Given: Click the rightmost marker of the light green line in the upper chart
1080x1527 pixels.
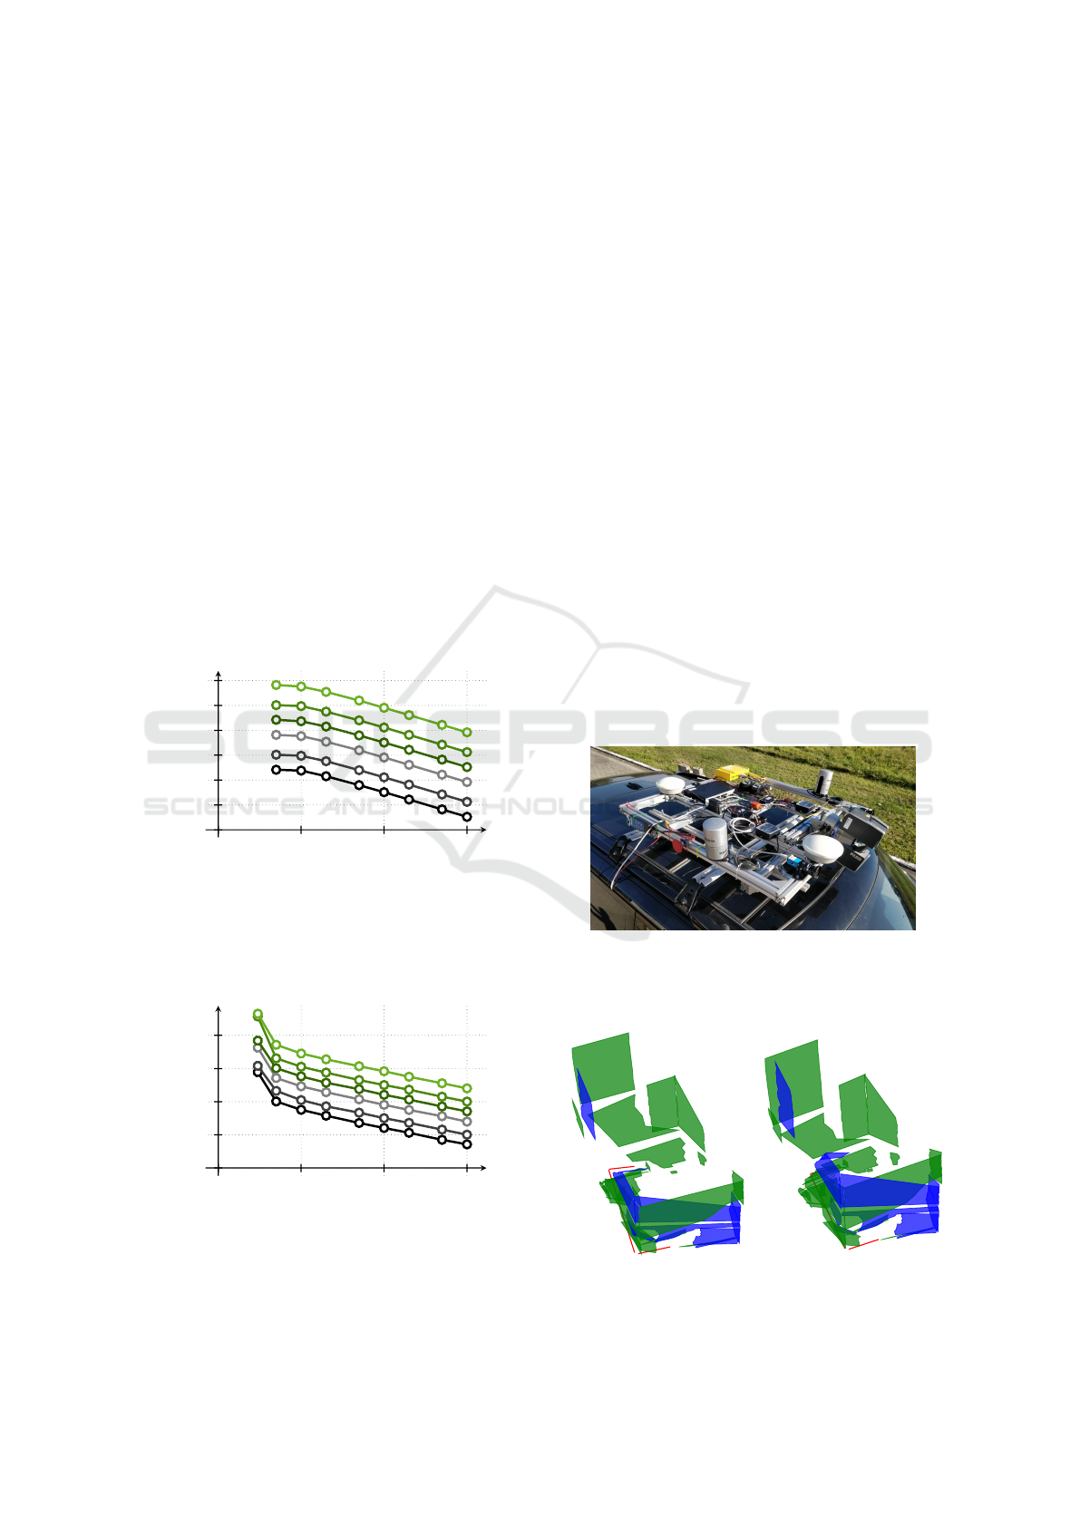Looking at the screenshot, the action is click(467, 732).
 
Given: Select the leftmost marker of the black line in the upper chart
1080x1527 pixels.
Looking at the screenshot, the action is click(277, 770).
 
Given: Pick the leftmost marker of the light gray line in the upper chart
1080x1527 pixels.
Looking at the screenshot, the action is click(277, 734).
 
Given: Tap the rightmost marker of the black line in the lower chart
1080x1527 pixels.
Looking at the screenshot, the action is click(467, 1163).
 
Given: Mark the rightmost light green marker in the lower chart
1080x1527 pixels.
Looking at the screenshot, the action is click(467, 1108).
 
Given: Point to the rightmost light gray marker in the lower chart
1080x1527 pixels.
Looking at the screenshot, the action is click(467, 1141).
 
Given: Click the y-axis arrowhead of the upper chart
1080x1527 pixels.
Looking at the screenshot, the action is click(219, 675).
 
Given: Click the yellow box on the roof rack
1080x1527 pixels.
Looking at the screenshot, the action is click(732, 773).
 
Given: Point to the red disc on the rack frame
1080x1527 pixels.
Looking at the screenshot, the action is click(677, 844).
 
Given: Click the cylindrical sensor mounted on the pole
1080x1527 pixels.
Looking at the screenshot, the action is click(825, 782).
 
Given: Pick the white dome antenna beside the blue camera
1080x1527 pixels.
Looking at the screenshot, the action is click(822, 846).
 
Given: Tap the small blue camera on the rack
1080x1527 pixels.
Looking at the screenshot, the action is click(795, 862).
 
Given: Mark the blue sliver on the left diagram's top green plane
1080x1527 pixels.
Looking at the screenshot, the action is click(586, 1103).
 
